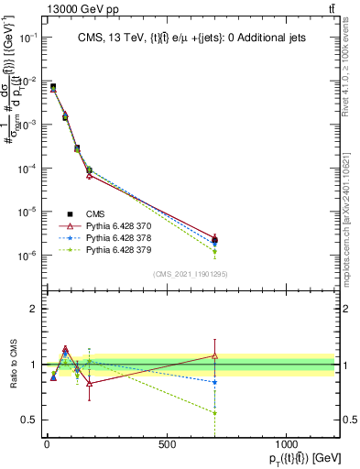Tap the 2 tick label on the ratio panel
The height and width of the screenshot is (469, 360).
tap(33, 309)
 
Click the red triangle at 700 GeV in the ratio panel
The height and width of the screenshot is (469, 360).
tap(214, 355)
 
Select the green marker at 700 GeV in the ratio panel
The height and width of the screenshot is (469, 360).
tap(214, 412)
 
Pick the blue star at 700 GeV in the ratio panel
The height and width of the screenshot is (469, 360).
tap(214, 381)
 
